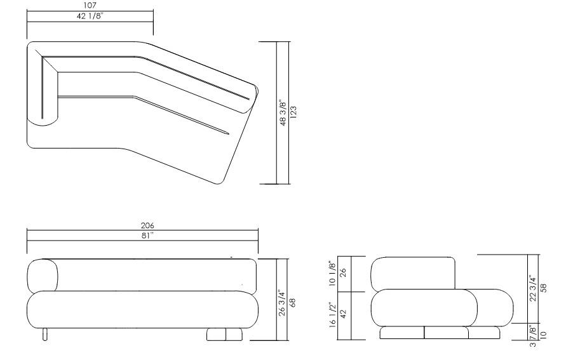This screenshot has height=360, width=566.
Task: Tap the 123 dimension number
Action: [293, 112]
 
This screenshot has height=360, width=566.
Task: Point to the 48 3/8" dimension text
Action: [283, 112]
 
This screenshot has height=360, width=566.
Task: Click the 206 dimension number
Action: [147, 225]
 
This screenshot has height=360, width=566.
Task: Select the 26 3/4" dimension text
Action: [283, 299]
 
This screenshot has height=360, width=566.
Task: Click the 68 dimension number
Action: [293, 299]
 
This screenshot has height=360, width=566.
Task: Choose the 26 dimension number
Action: [343, 274]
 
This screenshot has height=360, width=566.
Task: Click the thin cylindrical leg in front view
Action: [44, 334]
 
